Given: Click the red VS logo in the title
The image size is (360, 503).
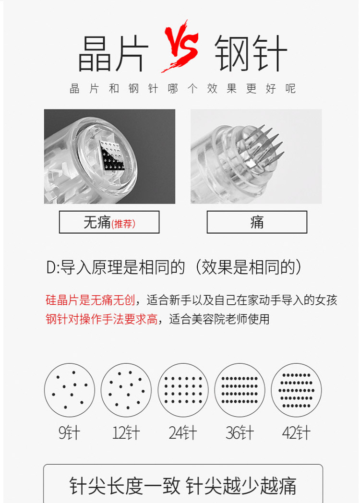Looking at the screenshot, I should click(180, 46).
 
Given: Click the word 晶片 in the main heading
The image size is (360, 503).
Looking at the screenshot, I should click(113, 53).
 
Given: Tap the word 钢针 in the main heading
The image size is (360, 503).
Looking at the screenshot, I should click(250, 53).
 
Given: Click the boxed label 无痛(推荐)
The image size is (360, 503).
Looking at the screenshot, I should click(109, 222).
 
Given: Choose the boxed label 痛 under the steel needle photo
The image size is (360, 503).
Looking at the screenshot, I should click(257, 222).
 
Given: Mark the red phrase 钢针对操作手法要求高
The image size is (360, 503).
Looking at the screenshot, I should click(101, 319).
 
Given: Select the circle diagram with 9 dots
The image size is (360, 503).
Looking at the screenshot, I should click(70, 390).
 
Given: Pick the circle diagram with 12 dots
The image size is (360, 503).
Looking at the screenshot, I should click(126, 390).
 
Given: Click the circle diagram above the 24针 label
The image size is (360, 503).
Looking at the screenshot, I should click(183, 390).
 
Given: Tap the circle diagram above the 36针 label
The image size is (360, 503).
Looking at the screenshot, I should click(240, 390).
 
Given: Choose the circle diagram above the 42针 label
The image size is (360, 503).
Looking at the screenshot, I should click(296, 390).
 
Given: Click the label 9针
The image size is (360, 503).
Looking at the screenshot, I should click(70, 433).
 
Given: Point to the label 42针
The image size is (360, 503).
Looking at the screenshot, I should click(296, 433).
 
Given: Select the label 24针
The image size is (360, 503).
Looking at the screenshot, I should click(183, 433).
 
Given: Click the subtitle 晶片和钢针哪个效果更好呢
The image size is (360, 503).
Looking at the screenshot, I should click(182, 89).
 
